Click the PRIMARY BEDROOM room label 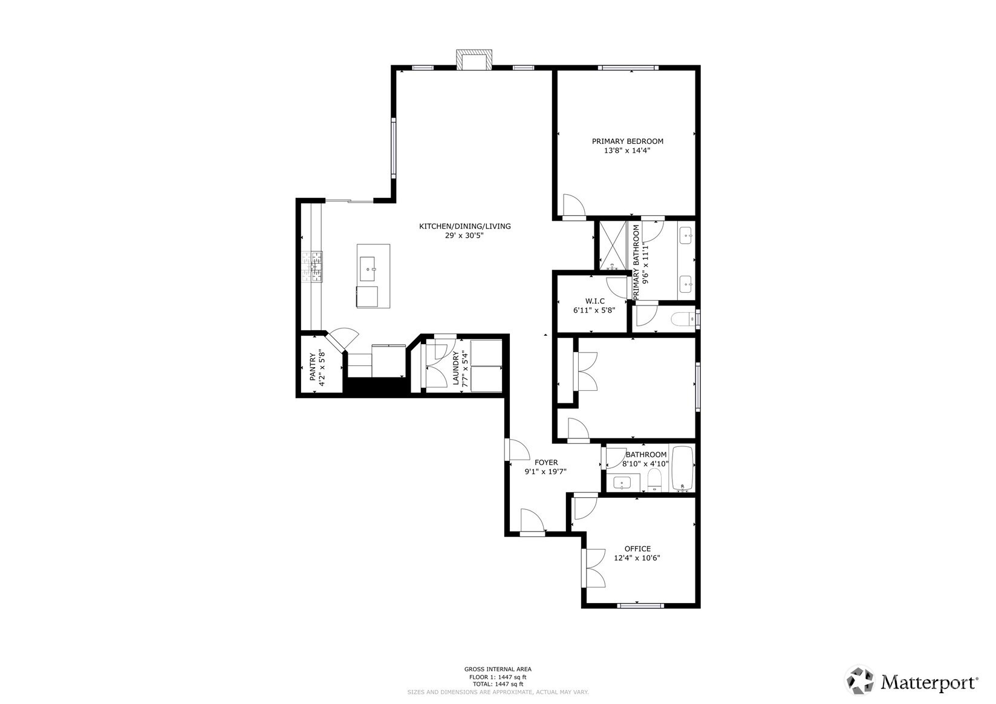[x=627, y=141]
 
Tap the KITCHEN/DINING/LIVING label [x=464, y=226]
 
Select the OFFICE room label [x=637, y=549]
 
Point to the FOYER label [x=546, y=462]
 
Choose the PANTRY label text [x=313, y=367]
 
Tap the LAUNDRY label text [x=455, y=368]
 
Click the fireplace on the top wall [x=474, y=60]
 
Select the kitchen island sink [x=367, y=269]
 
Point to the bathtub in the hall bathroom [x=683, y=468]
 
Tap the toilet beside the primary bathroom [x=682, y=318]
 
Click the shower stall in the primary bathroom [x=612, y=245]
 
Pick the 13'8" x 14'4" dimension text [x=627, y=151]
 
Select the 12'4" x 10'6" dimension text [x=637, y=558]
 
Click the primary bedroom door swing [x=574, y=205]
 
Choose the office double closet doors [x=594, y=569]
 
